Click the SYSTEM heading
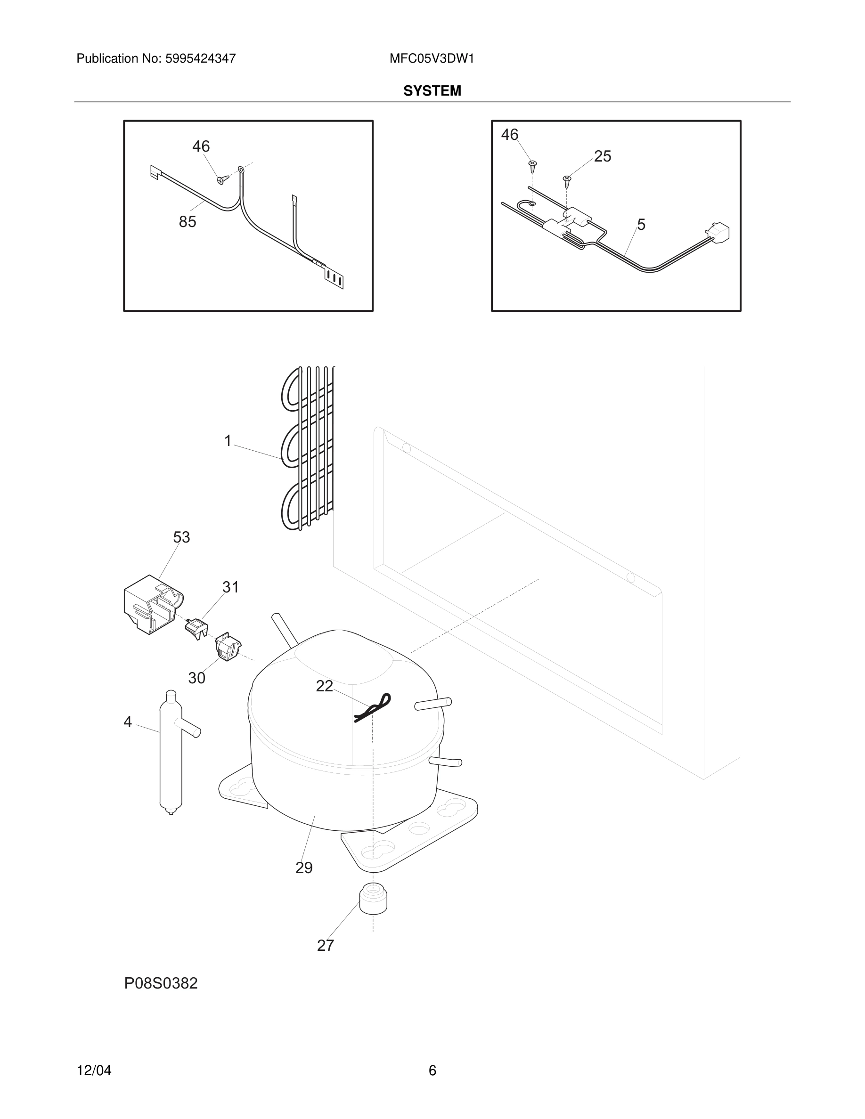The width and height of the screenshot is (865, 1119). [432, 91]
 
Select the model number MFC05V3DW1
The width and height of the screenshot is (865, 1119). [432, 58]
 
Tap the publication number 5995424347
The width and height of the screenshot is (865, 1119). [200, 58]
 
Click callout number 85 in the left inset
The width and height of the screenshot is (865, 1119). [188, 222]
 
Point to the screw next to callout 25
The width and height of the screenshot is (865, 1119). [567, 180]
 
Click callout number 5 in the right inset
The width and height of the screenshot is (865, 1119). [641, 225]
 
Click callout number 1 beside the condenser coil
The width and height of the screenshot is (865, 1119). [228, 441]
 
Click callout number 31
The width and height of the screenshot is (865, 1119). [230, 587]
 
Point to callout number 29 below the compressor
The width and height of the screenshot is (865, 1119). [304, 868]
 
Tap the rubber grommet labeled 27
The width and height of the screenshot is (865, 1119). [373, 898]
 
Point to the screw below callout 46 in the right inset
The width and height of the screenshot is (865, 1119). [533, 165]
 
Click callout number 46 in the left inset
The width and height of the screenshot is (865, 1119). [201, 146]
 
